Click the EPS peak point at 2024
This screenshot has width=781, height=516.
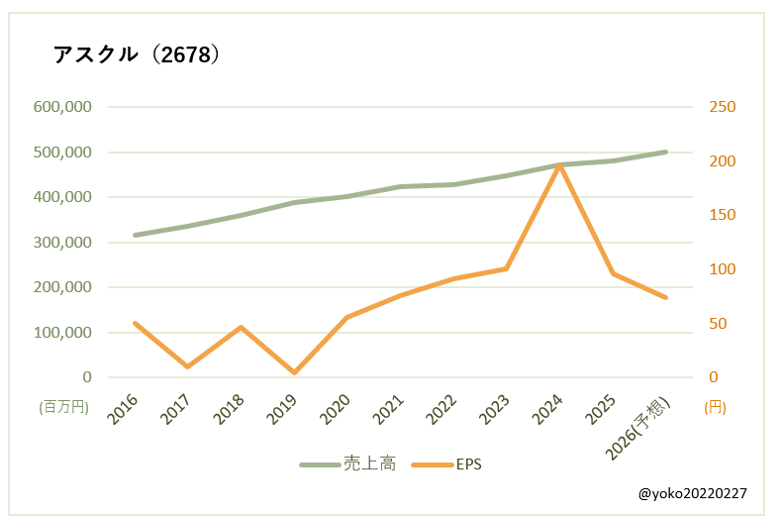point(560,165)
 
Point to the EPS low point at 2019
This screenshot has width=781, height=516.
point(294,372)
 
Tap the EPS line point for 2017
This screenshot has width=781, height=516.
point(187,366)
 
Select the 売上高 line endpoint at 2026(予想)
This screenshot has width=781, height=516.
point(666,152)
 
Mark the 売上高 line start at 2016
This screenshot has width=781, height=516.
point(135,236)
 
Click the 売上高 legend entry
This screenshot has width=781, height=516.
point(348,464)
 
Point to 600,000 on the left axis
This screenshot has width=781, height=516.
point(64,107)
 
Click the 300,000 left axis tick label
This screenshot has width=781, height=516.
point(64,243)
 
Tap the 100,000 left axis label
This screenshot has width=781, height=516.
point(64,333)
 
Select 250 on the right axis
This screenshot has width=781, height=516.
point(722,107)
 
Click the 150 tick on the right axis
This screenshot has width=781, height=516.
point(722,215)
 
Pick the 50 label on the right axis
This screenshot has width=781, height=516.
point(718,324)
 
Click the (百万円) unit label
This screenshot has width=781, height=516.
point(64,406)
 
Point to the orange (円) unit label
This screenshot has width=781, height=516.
point(714,406)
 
